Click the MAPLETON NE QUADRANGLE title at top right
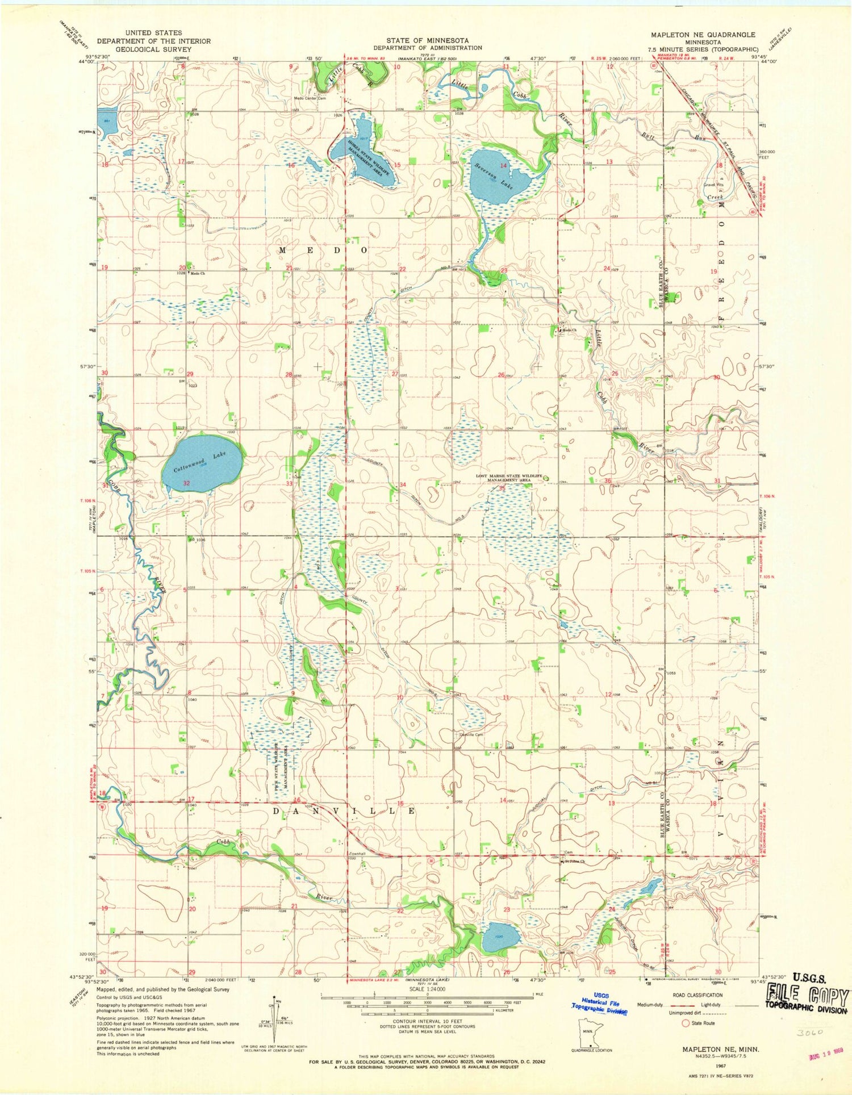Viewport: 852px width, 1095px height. [703, 35]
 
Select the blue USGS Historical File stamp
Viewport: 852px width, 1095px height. [600, 1006]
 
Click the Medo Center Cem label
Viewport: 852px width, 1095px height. [308, 98]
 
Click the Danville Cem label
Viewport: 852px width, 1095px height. [471, 734]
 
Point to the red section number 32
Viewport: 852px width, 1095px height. [186, 483]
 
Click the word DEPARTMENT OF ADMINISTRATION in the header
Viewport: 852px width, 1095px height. [427, 48]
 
